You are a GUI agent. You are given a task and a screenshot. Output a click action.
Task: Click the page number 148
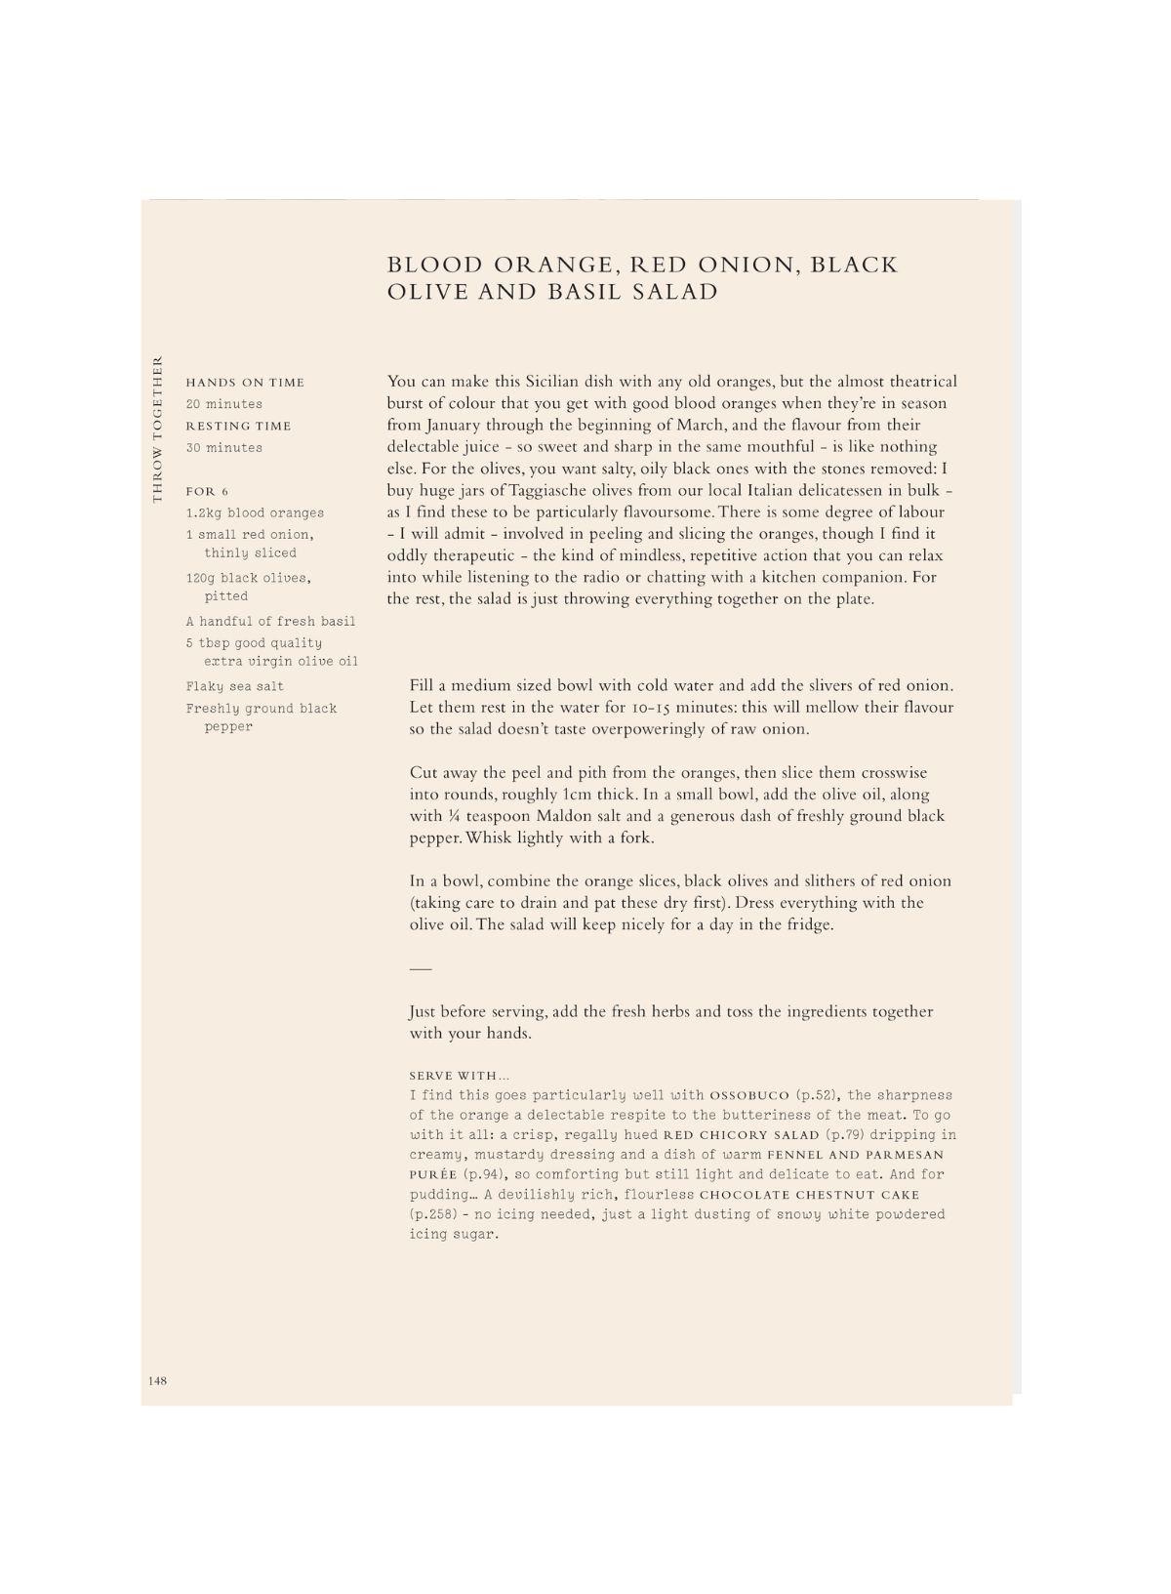158,1380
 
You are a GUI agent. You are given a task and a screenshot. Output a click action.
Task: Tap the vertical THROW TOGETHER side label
156,429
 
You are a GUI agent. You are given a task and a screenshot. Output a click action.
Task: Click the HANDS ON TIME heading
245,383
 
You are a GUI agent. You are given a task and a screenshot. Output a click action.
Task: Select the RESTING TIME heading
238,426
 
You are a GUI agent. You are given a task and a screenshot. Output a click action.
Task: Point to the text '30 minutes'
224,448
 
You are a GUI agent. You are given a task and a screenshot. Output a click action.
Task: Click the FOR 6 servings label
207,491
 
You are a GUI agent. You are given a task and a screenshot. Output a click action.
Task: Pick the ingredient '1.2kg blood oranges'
255,513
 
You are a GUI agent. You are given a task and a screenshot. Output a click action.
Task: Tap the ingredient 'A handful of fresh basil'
270,622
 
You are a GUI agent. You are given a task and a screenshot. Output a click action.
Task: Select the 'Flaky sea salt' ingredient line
235,686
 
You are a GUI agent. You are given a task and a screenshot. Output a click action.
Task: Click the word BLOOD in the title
435,266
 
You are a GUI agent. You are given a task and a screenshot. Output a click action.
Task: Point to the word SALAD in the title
674,292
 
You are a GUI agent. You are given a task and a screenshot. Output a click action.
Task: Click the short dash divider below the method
420,968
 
